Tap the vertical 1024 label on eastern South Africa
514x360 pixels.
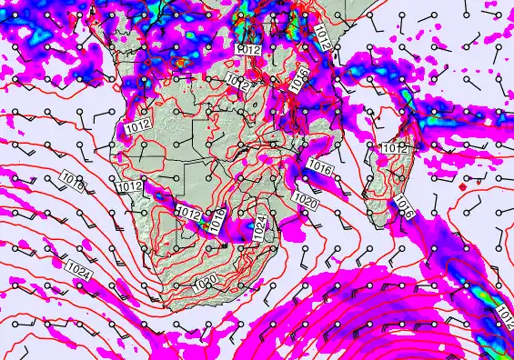click(259, 228)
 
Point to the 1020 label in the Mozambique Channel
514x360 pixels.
click(305, 201)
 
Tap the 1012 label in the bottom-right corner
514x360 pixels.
click(504, 318)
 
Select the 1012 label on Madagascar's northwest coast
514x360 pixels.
click(394, 147)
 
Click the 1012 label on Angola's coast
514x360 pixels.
click(137, 123)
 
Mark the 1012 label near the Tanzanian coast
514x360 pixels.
click(323, 35)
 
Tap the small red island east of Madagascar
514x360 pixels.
click(463, 186)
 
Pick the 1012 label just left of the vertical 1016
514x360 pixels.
click(188, 213)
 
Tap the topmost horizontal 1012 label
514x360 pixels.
click(248, 48)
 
